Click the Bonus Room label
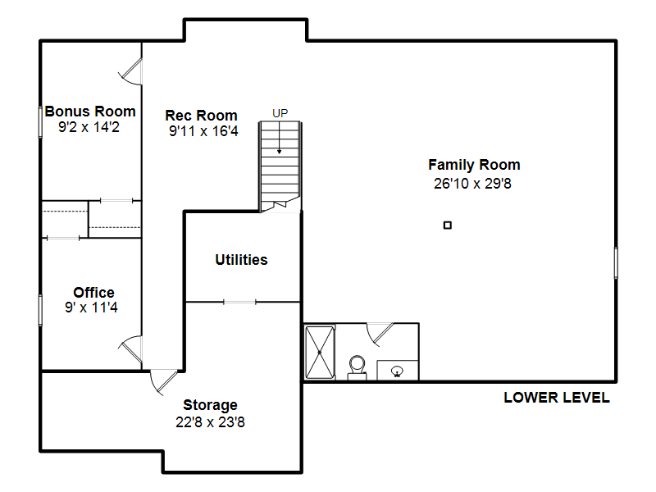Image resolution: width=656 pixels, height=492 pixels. pyautogui.click(x=90, y=112)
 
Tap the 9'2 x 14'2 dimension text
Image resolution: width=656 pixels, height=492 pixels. pyautogui.click(x=89, y=127)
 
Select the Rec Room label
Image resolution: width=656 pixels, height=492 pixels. pyautogui.click(x=201, y=116)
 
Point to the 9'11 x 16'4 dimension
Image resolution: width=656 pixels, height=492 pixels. pyautogui.click(x=203, y=131)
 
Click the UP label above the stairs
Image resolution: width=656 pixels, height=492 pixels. pyautogui.click(x=280, y=113)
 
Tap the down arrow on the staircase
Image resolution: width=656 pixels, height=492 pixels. pyautogui.click(x=279, y=138)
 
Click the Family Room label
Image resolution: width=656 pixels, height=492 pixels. pyautogui.click(x=474, y=165)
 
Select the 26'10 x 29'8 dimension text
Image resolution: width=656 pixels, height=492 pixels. pyautogui.click(x=472, y=183)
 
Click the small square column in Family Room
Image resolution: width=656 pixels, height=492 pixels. pyautogui.click(x=448, y=225)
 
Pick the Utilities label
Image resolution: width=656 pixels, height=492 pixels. pyautogui.click(x=241, y=260)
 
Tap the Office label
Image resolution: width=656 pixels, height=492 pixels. pyautogui.click(x=93, y=292)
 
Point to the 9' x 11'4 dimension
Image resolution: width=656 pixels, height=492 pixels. pyautogui.click(x=91, y=307)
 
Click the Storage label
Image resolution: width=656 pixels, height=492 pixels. pyautogui.click(x=210, y=405)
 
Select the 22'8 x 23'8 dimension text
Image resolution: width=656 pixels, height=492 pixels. pyautogui.click(x=210, y=422)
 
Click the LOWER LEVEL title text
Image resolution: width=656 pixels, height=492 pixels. pyautogui.click(x=557, y=398)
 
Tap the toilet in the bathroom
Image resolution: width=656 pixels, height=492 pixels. pyautogui.click(x=357, y=367)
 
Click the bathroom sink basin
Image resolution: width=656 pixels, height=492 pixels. pyautogui.click(x=397, y=371)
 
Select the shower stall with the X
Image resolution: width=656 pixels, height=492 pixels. pyautogui.click(x=320, y=353)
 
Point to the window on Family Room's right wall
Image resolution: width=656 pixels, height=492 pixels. pyautogui.click(x=616, y=262)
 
